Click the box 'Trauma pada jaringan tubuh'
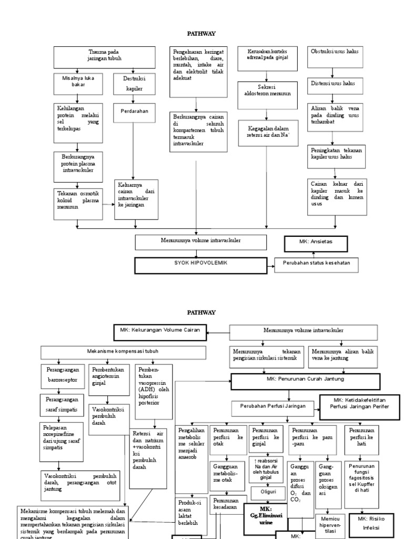104,57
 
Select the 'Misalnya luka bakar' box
77,82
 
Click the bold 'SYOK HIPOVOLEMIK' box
201,265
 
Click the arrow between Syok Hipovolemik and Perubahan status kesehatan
270,266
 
